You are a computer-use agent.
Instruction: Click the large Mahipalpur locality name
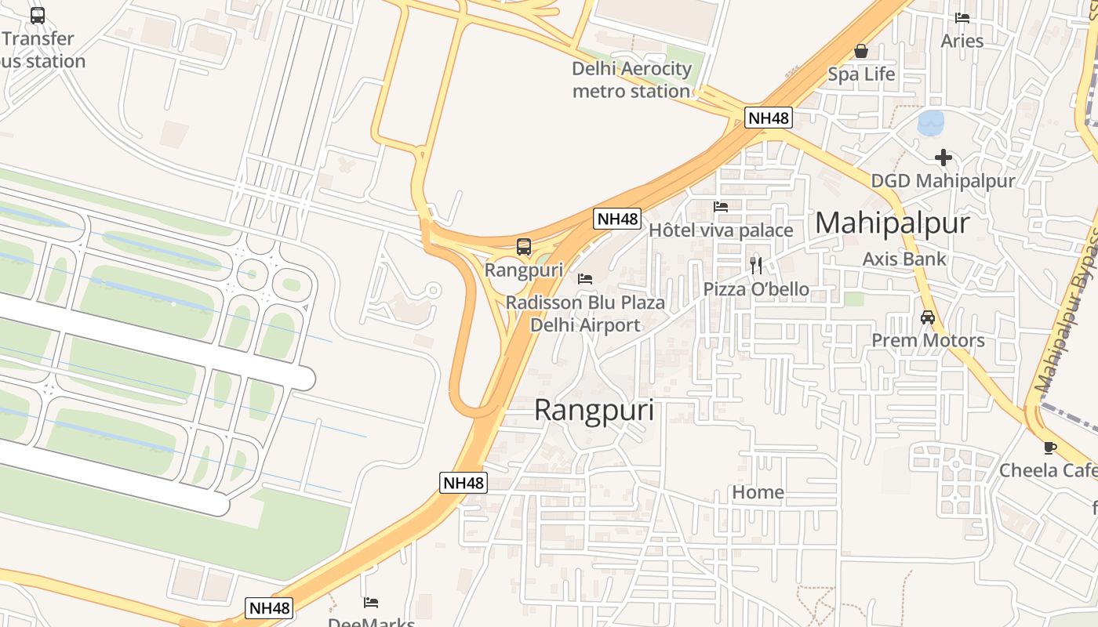click(x=892, y=223)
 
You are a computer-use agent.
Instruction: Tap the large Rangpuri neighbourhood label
click(x=594, y=411)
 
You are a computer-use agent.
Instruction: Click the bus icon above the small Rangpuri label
click(x=524, y=247)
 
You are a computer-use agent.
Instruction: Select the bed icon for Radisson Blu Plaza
click(x=585, y=279)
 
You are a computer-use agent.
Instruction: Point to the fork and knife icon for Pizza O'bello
click(x=756, y=265)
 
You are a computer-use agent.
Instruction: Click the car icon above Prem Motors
click(x=928, y=317)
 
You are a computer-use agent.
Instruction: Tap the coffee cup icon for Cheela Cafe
click(x=1049, y=448)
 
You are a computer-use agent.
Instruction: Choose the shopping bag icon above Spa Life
click(x=861, y=51)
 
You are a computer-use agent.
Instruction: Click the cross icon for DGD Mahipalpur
click(x=943, y=158)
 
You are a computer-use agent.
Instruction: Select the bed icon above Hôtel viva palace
click(x=721, y=207)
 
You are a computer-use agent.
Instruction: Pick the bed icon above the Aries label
click(x=962, y=17)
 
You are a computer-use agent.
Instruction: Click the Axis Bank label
click(x=904, y=259)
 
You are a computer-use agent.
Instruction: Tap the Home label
click(x=758, y=492)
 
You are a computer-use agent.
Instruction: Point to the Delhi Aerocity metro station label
click(x=631, y=80)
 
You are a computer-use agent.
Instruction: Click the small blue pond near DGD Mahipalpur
click(x=931, y=122)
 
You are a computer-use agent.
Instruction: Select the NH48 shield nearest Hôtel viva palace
click(x=617, y=219)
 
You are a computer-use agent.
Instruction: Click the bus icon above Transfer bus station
click(x=38, y=15)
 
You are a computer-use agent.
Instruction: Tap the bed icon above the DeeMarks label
click(x=371, y=602)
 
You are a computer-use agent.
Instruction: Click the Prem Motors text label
click(x=928, y=340)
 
